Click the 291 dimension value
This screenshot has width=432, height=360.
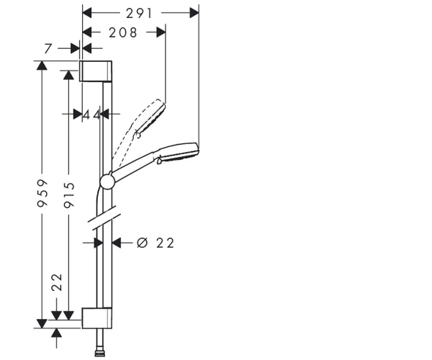pos(139,13)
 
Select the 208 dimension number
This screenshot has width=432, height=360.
pos(123,33)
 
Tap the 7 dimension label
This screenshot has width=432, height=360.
pos(48,49)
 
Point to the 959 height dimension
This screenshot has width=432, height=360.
pos(42,193)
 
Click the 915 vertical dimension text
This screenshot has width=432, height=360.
pos(69,194)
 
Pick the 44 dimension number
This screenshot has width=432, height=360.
pos(91,114)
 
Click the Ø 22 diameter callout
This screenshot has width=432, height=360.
pos(156,243)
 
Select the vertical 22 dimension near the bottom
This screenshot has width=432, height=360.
pos(57,282)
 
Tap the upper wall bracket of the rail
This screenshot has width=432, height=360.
pos(96,71)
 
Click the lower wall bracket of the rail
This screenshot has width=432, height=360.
pos(97,318)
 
